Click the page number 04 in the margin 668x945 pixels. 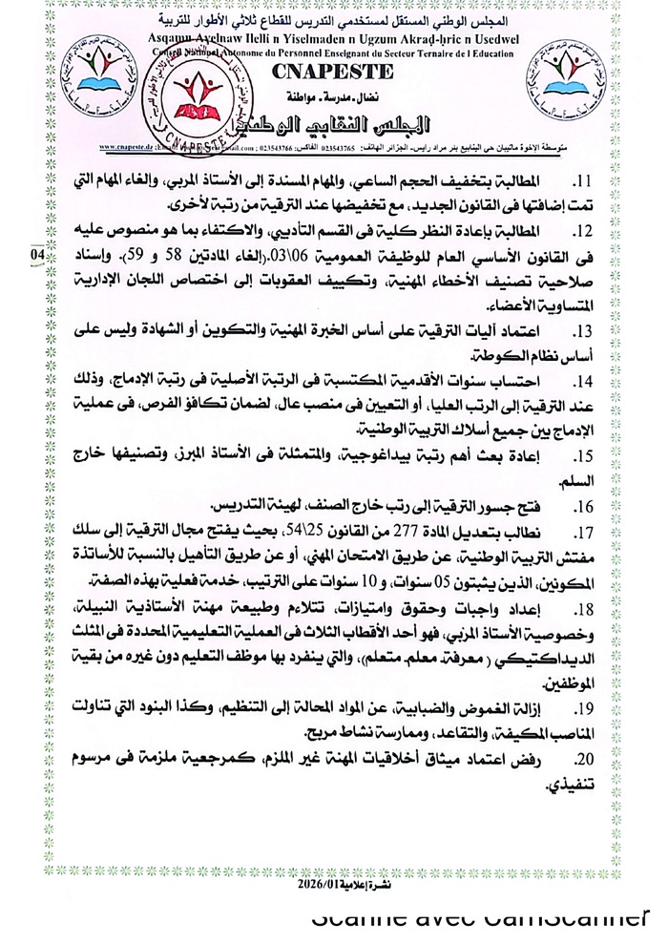coord(36,256)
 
